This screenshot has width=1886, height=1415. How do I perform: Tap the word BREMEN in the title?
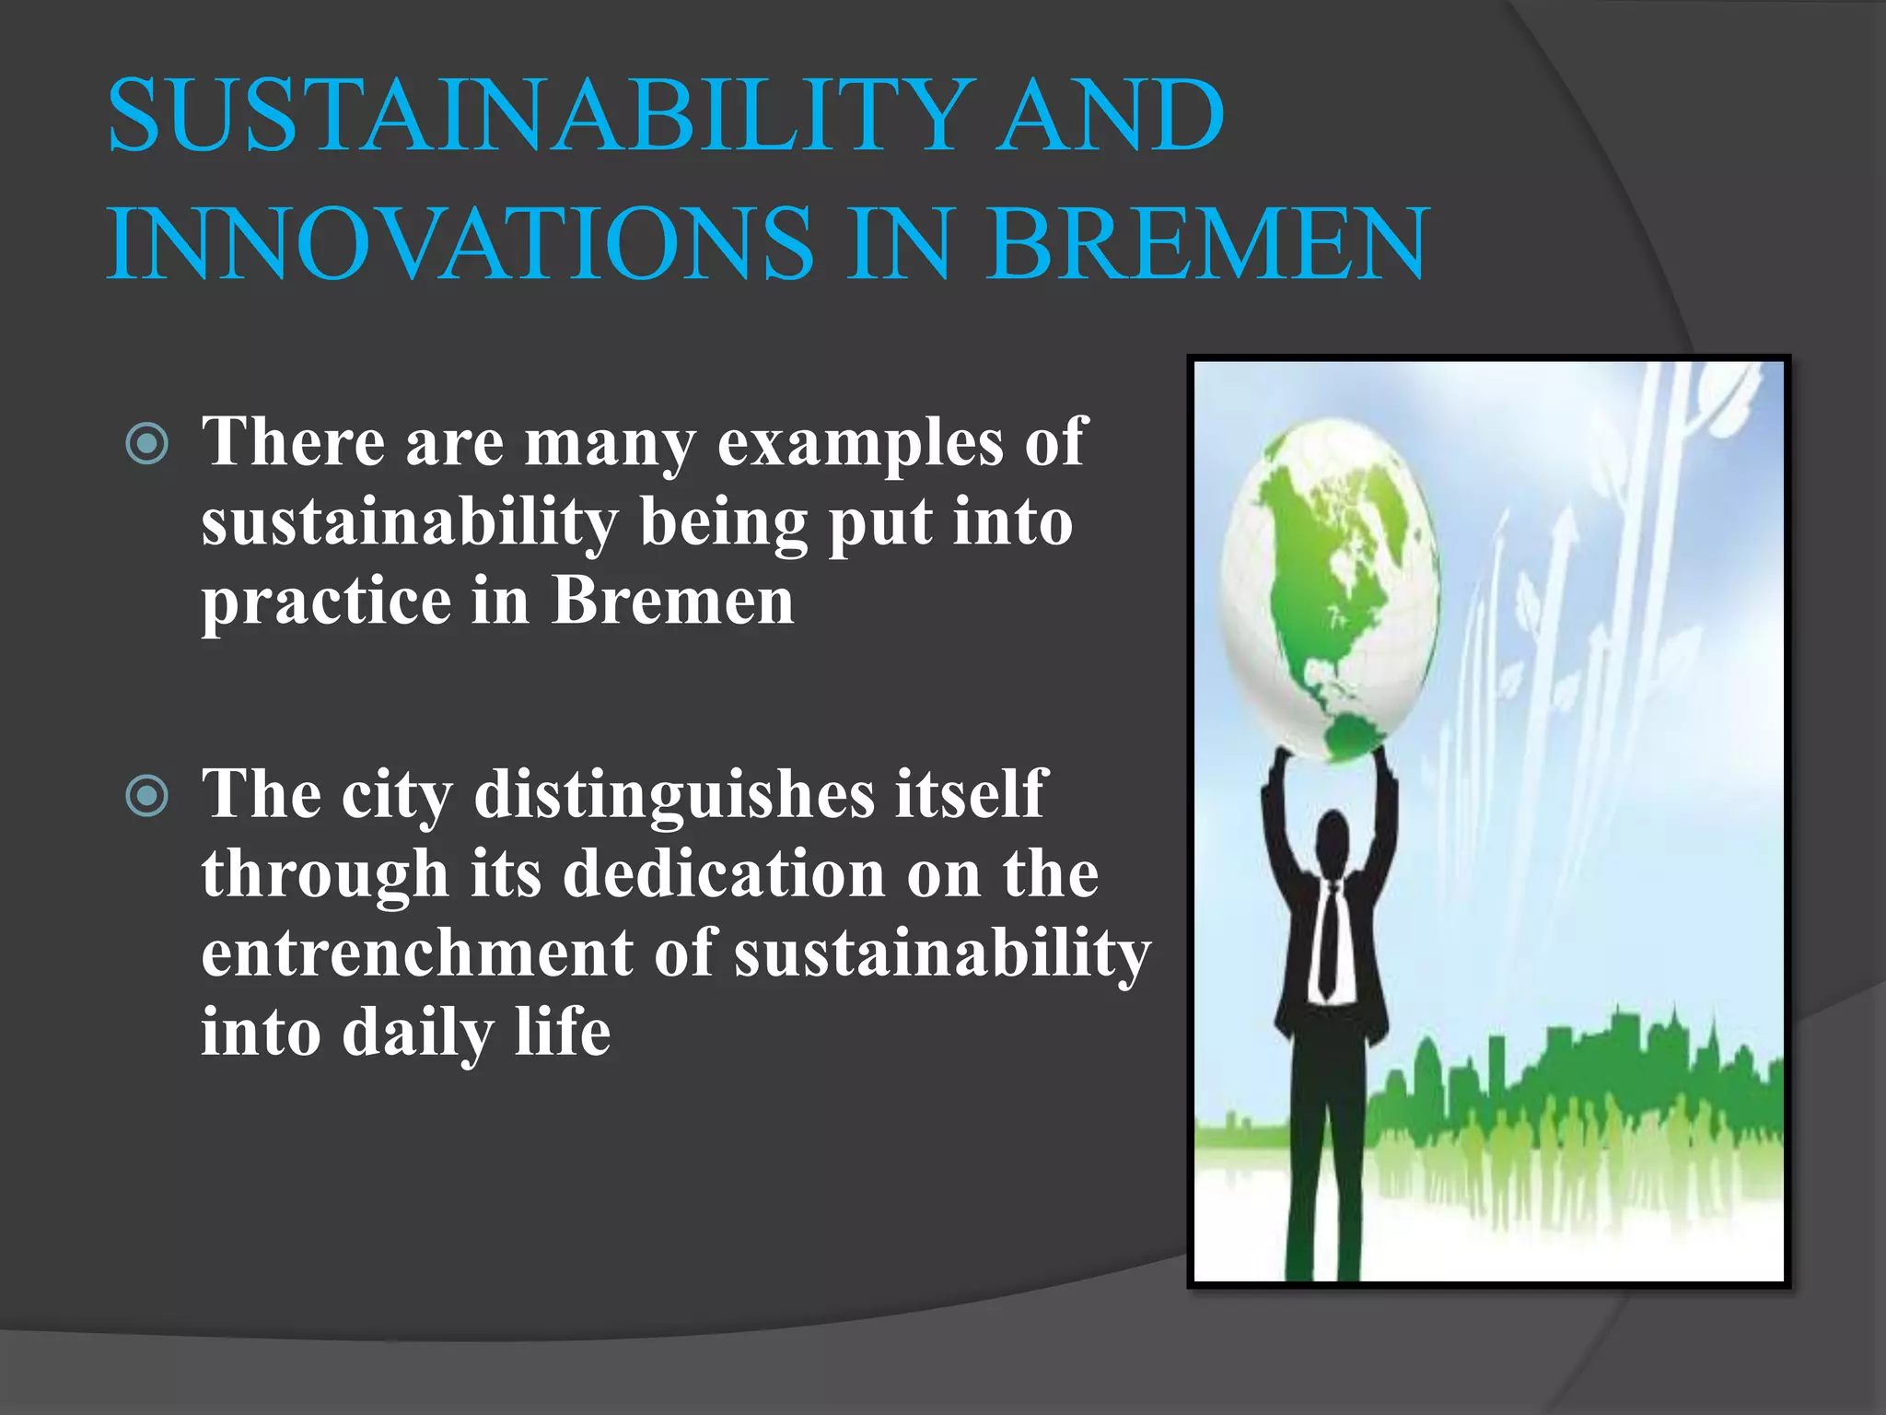tap(1206, 244)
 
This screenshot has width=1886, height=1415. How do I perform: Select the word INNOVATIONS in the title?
tap(460, 244)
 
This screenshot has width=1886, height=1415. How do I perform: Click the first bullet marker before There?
tap(146, 444)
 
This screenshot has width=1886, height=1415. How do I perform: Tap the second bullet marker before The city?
tap(146, 796)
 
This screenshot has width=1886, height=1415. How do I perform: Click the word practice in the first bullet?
tap(326, 603)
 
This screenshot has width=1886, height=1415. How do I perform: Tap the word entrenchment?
tap(416, 953)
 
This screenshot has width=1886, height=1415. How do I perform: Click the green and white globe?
tap(1331, 590)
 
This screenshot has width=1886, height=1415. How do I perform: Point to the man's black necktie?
tap(1329, 940)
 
